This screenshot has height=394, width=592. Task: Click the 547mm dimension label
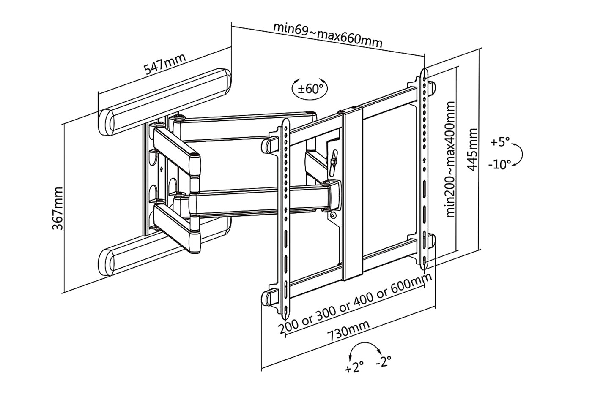tap(164, 64)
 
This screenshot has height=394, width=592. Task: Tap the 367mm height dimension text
tap(58, 208)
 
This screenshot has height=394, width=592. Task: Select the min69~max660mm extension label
tap(328, 35)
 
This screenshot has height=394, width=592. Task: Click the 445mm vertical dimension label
tap(472, 149)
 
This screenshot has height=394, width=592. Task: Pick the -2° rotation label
tap(384, 361)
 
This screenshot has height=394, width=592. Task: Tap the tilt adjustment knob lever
tap(334, 163)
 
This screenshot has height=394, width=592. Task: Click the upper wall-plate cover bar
tap(164, 102)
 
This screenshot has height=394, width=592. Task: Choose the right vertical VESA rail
tap(424, 169)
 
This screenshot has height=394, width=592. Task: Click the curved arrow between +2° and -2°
tap(365, 343)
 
